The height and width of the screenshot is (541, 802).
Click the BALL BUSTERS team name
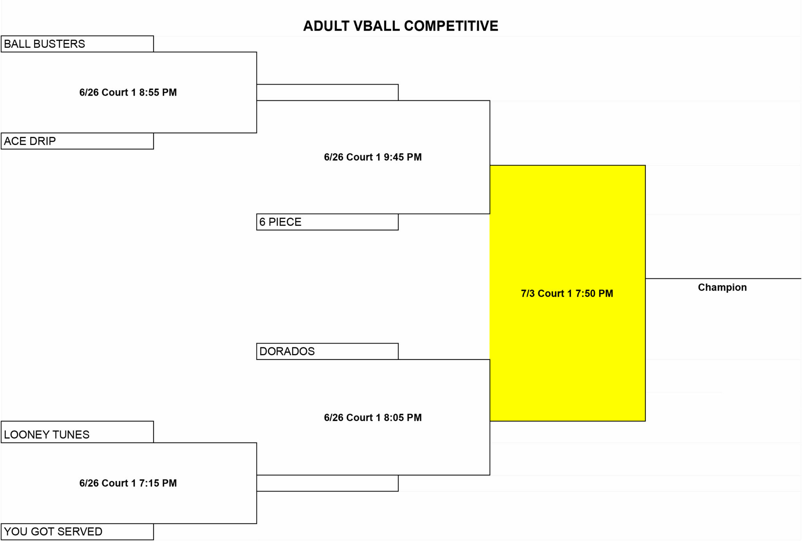(44, 44)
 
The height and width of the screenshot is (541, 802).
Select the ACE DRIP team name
(30, 141)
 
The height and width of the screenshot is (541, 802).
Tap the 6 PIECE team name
(280, 222)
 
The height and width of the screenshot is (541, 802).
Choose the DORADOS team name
(287, 351)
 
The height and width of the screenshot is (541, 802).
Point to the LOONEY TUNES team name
(47, 434)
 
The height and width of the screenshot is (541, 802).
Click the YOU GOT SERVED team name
(53, 532)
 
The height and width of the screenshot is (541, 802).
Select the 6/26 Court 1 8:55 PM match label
(128, 93)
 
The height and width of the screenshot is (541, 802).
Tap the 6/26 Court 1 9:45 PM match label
(373, 157)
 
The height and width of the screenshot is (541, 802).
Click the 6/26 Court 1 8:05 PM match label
(373, 418)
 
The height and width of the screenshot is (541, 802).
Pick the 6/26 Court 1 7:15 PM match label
(128, 483)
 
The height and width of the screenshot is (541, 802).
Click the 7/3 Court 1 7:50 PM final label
(567, 293)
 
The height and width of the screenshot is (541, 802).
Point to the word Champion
(722, 287)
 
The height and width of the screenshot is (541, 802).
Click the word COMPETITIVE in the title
(451, 26)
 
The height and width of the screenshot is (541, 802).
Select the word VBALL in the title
(377, 26)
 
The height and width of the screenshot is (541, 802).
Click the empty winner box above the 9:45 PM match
(327, 93)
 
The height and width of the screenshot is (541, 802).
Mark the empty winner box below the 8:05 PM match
(327, 483)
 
